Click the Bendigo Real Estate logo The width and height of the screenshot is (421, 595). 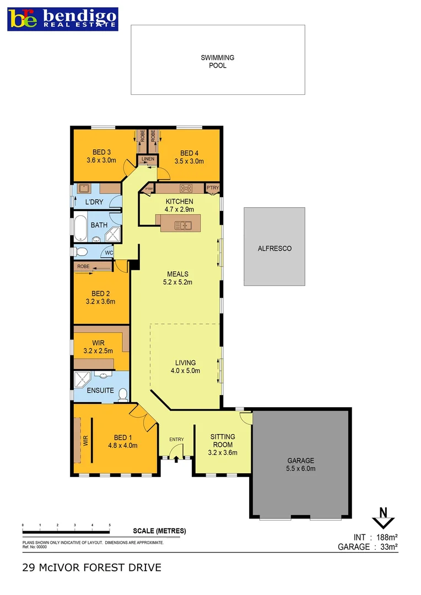click(x=62, y=18)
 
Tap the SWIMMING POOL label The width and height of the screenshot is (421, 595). click(x=217, y=61)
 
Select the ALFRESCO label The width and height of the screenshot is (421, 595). click(x=274, y=248)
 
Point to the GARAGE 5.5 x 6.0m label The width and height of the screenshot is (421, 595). click(x=300, y=464)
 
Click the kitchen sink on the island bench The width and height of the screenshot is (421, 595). click(x=182, y=225)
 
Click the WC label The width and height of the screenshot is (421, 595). click(x=109, y=253)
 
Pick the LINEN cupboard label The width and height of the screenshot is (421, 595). click(x=148, y=160)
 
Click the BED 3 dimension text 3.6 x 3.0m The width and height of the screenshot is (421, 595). click(x=102, y=161)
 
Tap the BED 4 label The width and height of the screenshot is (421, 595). click(x=188, y=153)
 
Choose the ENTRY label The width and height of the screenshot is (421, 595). click(x=176, y=439)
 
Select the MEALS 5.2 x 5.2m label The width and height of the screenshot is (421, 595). click(x=177, y=278)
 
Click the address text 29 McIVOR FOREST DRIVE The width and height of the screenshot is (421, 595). click(x=91, y=567)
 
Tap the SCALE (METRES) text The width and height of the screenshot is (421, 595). click(x=159, y=531)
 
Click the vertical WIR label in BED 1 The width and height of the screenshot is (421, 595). click(x=86, y=440)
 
